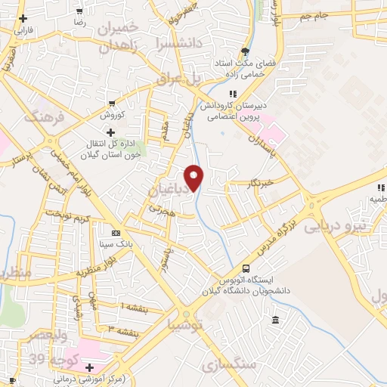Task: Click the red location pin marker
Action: (x=194, y=178)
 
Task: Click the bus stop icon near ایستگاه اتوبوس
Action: (x=246, y=268)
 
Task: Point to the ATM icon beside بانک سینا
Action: (x=116, y=233)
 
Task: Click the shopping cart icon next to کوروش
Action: (x=111, y=104)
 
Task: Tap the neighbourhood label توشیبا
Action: (x=185, y=326)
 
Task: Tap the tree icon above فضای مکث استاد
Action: (x=245, y=51)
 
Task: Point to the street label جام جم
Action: (x=316, y=16)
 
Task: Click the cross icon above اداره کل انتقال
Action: (x=111, y=133)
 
